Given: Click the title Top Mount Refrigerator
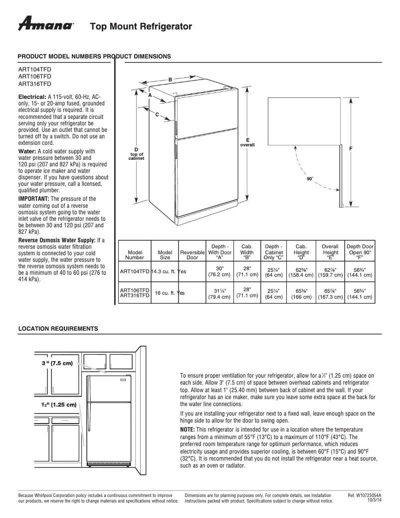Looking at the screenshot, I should click(x=141, y=26).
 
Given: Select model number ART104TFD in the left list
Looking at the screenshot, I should click(x=34, y=70).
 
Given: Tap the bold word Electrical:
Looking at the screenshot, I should click(x=32, y=96).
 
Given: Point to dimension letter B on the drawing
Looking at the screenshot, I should click(x=170, y=79).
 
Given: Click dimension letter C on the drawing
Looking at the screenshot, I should click(x=157, y=115).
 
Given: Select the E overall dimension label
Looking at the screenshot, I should click(x=247, y=142).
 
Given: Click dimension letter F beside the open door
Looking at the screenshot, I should click(x=351, y=149).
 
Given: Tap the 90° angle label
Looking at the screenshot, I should click(x=310, y=178).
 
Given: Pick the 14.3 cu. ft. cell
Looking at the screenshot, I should click(x=165, y=271).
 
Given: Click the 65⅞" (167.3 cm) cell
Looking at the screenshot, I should click(x=330, y=293).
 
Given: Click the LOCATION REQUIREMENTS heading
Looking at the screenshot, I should click(x=58, y=328).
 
